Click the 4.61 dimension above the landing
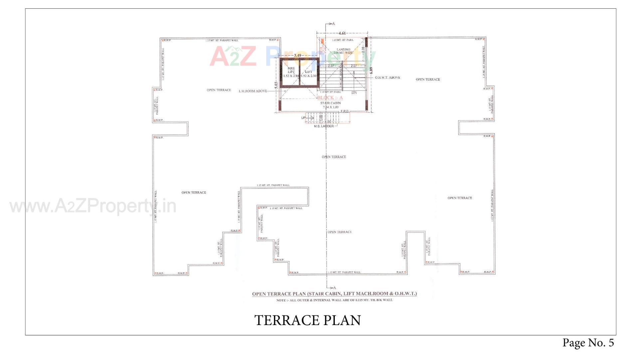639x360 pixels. point(342,33)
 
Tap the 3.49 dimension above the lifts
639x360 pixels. point(298,56)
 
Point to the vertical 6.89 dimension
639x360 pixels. point(371,71)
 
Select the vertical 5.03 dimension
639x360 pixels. point(276,85)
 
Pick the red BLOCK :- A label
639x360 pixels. point(330,98)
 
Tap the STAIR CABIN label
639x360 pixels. point(330,103)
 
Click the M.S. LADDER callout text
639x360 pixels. point(323,126)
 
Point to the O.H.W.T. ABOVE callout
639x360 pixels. point(387,78)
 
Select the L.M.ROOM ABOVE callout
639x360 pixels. point(253,91)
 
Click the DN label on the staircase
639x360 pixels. point(354,93)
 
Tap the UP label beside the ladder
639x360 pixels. point(303,118)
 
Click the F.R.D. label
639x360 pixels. point(344,111)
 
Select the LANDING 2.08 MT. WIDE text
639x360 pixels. point(343,51)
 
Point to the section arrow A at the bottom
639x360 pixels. point(334,288)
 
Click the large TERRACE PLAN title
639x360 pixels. point(308,320)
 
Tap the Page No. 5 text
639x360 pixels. point(588,343)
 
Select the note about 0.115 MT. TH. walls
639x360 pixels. point(334,300)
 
